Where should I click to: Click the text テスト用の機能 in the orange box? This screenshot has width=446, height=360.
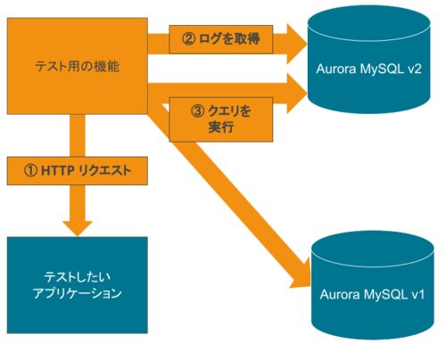[x=78, y=66]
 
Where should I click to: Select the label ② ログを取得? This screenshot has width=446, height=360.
[x=221, y=39]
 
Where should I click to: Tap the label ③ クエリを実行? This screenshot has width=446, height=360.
[x=221, y=119]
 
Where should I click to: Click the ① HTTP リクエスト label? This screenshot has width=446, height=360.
[x=78, y=171]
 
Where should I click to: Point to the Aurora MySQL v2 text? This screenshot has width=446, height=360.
[x=368, y=69]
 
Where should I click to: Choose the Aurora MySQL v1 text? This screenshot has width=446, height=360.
[x=372, y=294]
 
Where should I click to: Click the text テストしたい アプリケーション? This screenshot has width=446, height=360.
[x=78, y=285]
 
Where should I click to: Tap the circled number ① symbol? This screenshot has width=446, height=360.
[x=30, y=171]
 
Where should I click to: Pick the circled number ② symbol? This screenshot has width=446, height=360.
[x=188, y=39]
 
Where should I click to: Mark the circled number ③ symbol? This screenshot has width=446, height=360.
[x=197, y=111]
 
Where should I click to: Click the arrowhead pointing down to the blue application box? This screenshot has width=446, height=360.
[x=78, y=228]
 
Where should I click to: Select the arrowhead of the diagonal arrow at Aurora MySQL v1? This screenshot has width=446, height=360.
[x=301, y=274]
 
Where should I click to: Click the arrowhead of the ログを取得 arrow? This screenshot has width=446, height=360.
[x=297, y=44]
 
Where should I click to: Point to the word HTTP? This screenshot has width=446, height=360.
[x=58, y=171]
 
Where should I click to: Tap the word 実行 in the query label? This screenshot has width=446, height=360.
[x=221, y=127]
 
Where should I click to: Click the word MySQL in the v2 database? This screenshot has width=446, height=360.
[x=380, y=70]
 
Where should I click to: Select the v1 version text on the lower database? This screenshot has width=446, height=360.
[x=418, y=295]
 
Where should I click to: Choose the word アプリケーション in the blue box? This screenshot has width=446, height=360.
[x=78, y=293]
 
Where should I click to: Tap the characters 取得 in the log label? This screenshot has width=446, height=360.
[x=246, y=39]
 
